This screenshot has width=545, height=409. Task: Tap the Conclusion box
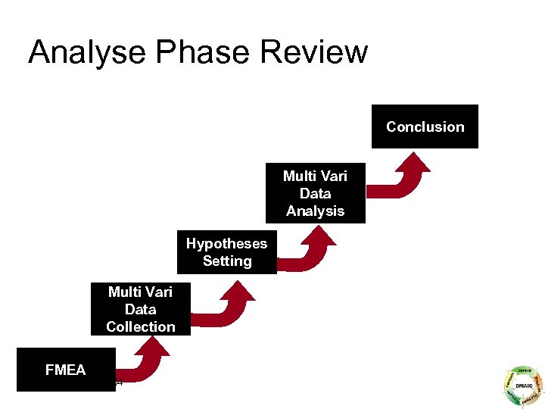coord(425,126)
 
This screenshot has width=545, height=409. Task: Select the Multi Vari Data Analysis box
coord(315,193)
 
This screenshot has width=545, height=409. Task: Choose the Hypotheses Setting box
coord(226,251)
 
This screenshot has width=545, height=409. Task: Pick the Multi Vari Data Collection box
coord(140,309)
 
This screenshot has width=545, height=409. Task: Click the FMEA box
coord(66,370)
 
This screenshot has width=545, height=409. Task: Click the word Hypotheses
coord(226,243)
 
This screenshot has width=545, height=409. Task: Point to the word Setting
coord(226,261)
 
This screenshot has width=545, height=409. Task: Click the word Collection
coord(140,326)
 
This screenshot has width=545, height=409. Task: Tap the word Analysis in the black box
coord(315,211)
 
